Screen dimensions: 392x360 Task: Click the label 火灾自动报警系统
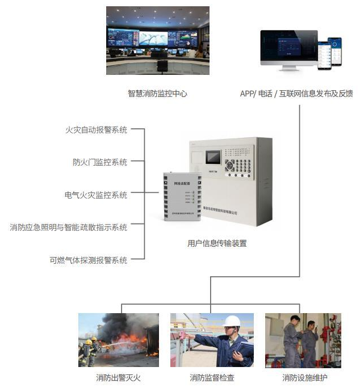[96, 130]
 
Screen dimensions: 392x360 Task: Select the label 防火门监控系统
[100, 162]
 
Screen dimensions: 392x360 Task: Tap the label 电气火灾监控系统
[96, 195]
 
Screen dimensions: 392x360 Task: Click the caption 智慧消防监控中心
[157, 94]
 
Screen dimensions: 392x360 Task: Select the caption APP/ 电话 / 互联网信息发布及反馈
[296, 94]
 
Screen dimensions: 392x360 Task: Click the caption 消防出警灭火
[118, 377]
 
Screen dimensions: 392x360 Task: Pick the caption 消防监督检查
[212, 377]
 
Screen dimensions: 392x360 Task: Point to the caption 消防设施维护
[304, 377]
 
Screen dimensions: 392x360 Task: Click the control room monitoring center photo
[158, 40]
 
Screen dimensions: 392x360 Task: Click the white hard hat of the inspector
[231, 321]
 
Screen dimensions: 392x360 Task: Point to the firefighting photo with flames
[119, 340]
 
